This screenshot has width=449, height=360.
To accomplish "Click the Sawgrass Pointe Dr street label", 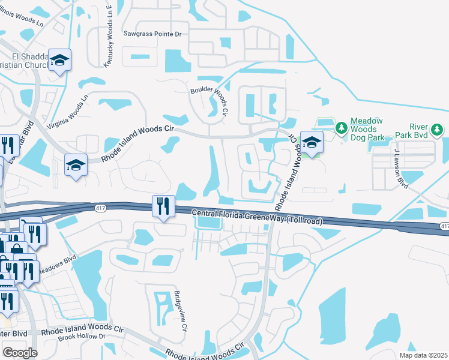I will (152, 34).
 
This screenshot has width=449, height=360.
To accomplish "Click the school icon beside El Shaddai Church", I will (59, 61).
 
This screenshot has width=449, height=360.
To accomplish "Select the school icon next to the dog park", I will (312, 143).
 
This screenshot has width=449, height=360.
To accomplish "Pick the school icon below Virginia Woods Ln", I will (76, 165).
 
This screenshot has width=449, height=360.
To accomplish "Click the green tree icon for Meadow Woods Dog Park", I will (341, 127).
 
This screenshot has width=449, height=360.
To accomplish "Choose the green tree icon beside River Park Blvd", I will (437, 129).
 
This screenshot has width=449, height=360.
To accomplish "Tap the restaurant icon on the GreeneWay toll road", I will (163, 206).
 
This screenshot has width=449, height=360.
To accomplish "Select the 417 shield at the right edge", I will (444, 226).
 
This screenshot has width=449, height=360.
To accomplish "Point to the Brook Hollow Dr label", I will (82, 337).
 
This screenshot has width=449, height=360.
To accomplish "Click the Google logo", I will (20, 353).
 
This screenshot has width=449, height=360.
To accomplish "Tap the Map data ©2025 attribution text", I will (423, 355).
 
